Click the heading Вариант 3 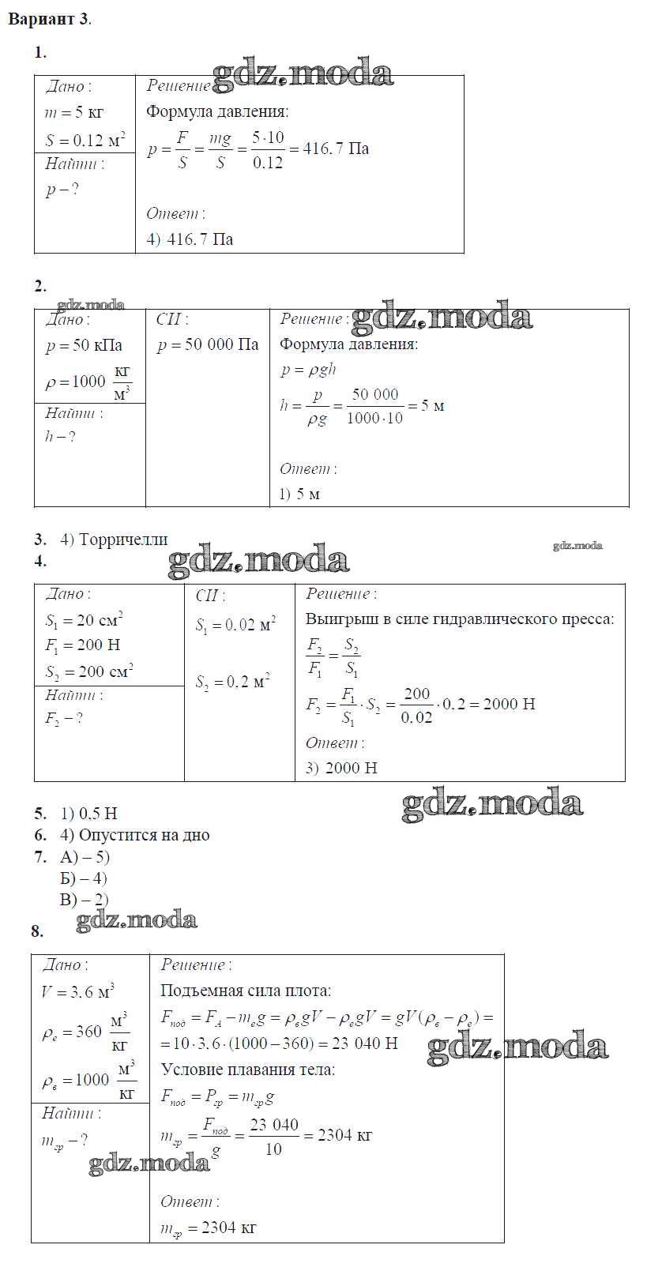tap(49, 20)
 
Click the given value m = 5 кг tap(73, 112)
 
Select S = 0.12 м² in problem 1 tap(85, 140)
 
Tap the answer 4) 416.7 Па tap(190, 239)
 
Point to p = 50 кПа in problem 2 tap(84, 345)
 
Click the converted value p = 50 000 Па tap(208, 345)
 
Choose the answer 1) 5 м tap(299, 494)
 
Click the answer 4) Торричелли tap(114, 540)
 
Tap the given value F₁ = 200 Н tap(82, 645)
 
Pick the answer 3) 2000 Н tap(341, 767)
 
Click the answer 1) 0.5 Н tap(88, 813)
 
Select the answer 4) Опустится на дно tap(134, 835)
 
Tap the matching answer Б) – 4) tap(83, 878)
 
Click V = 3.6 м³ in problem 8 tap(77, 991)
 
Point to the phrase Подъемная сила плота tap(246, 991)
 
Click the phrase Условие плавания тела tap(247, 1070)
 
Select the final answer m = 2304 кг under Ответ tap(208, 1228)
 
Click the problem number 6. tap(39, 835)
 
